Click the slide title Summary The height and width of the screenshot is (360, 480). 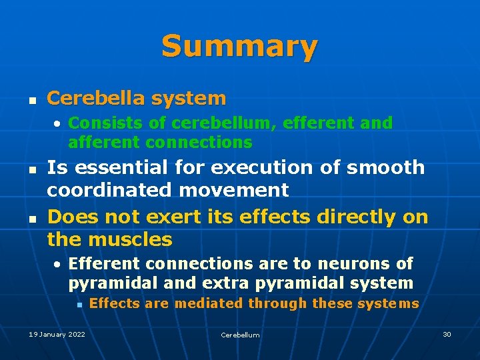tap(239, 47)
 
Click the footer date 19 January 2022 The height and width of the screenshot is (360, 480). tap(57, 334)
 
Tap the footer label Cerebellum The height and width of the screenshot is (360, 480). tap(240, 335)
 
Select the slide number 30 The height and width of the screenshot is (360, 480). tap(447, 334)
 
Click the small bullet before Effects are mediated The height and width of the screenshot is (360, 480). tap(78, 305)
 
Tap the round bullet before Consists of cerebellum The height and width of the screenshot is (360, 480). tap(59, 124)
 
